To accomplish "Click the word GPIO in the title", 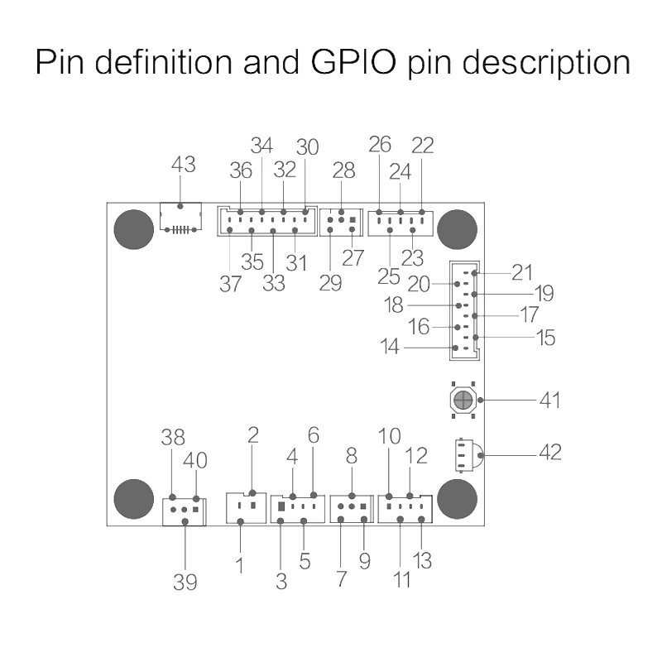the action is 354,63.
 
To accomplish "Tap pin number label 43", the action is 183,164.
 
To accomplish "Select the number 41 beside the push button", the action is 549,401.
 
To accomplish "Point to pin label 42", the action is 550,452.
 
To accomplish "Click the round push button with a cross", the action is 463,400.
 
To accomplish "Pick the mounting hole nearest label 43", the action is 134,229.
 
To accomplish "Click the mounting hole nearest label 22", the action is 458,229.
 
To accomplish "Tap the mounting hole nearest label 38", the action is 134,499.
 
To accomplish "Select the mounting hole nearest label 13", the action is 458,499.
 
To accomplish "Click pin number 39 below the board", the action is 185,583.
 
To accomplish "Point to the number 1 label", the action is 240,566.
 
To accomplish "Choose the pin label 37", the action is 231,284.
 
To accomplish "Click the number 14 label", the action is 389,347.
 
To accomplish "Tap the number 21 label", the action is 522,273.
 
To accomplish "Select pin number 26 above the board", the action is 380,144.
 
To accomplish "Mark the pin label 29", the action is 330,283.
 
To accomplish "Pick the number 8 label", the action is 351,456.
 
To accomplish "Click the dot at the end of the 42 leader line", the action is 481,455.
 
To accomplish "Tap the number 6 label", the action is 314,435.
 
